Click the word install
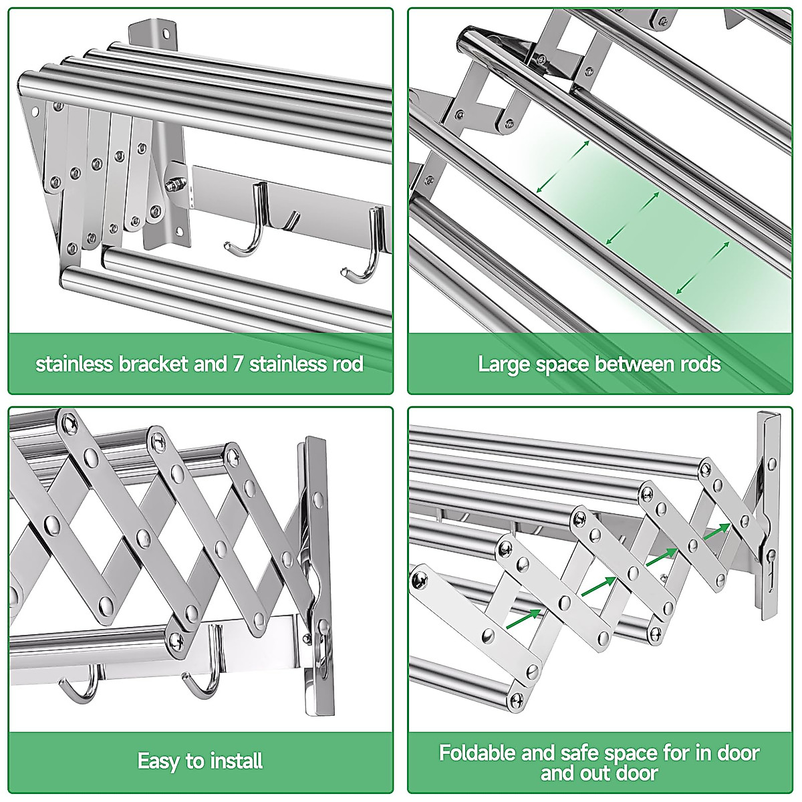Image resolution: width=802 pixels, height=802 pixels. pyautogui.click(x=236, y=761)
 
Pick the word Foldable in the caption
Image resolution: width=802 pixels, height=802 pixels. pyautogui.click(x=477, y=753)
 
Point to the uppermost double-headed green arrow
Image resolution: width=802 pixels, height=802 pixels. pyautogui.click(x=563, y=167)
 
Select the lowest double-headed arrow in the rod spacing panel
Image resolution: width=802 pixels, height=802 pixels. pyautogui.click(x=702, y=267)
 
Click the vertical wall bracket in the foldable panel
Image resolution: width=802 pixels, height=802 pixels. pyautogui.click(x=769, y=515)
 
